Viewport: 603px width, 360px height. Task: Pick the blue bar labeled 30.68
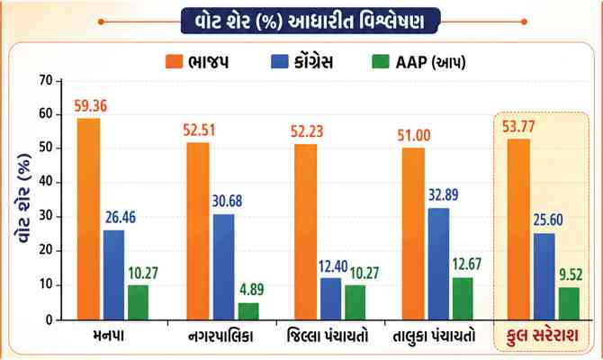pyautogui.click(x=222, y=267)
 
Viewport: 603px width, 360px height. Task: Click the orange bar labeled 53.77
pyautogui.click(x=520, y=229)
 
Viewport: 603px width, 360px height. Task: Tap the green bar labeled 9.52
pyautogui.click(x=569, y=303)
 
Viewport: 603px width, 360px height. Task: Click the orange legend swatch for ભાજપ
pyautogui.click(x=174, y=62)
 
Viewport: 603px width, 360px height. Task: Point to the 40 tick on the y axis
pyautogui.click(x=44, y=183)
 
